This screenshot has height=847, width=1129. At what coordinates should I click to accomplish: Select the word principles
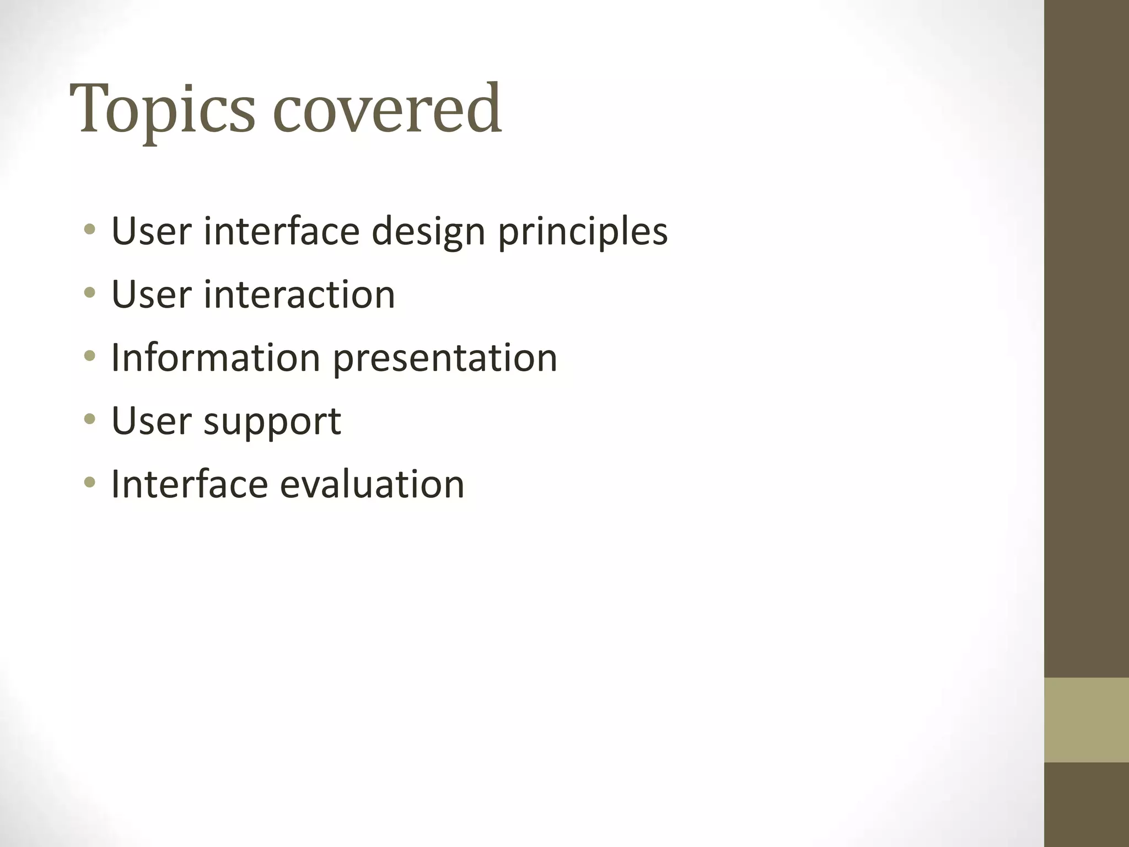(583, 232)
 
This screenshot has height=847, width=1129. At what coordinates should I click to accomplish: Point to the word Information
(216, 358)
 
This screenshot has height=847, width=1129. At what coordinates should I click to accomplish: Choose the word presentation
(445, 359)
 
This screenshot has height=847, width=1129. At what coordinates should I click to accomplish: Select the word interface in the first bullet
(282, 231)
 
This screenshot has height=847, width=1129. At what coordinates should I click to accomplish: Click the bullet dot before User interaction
(90, 293)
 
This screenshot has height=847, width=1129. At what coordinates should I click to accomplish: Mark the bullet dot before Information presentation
(90, 356)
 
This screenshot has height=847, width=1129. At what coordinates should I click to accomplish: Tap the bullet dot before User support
(90, 420)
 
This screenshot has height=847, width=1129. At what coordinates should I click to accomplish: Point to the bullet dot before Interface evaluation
(90, 483)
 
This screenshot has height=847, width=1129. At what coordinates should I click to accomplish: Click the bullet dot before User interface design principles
(90, 229)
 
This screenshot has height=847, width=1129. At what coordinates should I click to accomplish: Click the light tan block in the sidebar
(1086, 720)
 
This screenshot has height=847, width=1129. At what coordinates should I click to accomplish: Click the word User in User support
(151, 421)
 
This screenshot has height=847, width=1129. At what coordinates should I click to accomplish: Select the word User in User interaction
(151, 294)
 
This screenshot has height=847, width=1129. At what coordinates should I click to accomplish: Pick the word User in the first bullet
(151, 231)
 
